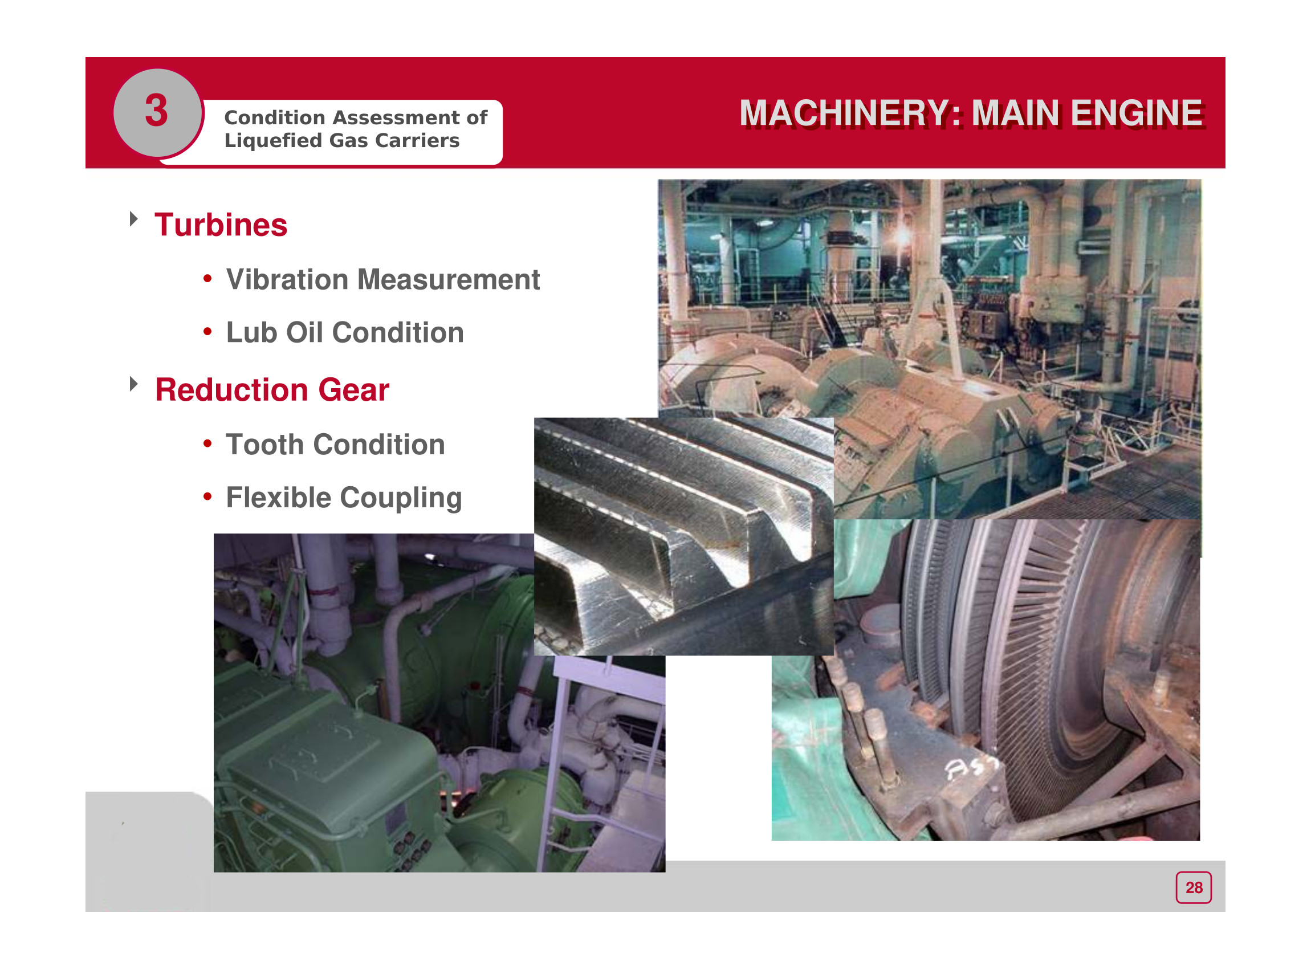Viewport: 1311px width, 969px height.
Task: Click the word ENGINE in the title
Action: click(x=1137, y=113)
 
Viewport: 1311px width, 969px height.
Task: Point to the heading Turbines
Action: click(x=221, y=225)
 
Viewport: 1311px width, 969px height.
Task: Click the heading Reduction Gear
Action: click(x=272, y=390)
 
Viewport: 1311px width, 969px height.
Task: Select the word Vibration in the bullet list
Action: click(x=287, y=279)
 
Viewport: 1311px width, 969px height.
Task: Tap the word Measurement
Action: click(x=449, y=279)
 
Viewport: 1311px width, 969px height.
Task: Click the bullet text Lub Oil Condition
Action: click(x=345, y=332)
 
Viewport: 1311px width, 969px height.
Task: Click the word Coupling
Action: click(x=401, y=499)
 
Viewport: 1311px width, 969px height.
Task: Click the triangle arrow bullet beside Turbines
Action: click(x=134, y=219)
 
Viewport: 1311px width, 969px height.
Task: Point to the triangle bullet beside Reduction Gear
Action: click(x=134, y=384)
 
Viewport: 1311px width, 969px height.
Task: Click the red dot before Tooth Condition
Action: click(x=207, y=443)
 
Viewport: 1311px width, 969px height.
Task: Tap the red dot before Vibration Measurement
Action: click(x=207, y=279)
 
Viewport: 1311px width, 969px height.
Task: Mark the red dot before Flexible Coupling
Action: click(x=207, y=497)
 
